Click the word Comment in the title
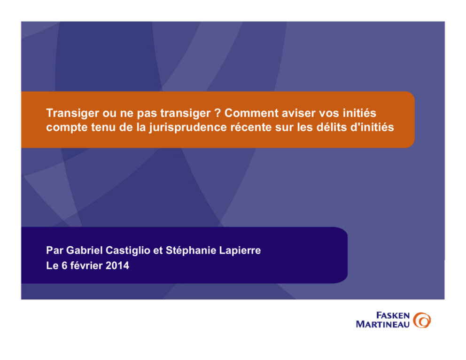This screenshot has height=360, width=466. (x=251, y=113)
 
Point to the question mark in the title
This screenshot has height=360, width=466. (x=217, y=113)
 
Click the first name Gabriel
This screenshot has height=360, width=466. (x=84, y=250)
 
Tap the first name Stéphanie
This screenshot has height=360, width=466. (x=191, y=250)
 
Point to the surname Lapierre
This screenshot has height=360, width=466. (x=240, y=250)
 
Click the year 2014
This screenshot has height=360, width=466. (x=117, y=266)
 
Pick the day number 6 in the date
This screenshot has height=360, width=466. (x=64, y=266)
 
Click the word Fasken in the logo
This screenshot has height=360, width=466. (x=393, y=315)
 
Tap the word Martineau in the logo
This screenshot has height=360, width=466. (x=383, y=324)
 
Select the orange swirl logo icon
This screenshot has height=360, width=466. (x=422, y=320)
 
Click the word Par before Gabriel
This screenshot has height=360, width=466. (x=54, y=250)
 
